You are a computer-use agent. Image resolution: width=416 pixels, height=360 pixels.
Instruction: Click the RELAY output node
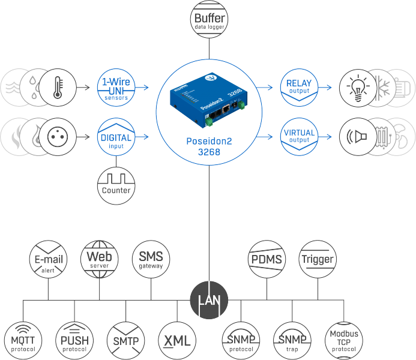[x=298, y=88]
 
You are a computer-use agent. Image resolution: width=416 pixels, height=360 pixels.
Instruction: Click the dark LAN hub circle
[x=208, y=299]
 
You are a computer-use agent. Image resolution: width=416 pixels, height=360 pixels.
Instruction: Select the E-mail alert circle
[x=48, y=259]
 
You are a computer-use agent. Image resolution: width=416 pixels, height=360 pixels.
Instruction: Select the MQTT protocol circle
[x=22, y=340]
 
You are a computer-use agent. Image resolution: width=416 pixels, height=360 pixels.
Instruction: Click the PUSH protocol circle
[x=74, y=340]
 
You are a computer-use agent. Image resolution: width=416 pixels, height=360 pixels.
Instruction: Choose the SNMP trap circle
[x=293, y=340]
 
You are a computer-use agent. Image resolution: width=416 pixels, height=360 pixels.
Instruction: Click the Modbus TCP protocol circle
[x=344, y=340]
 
